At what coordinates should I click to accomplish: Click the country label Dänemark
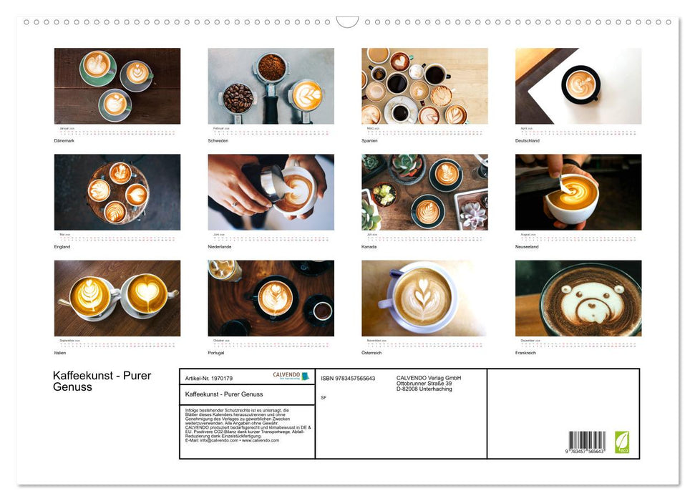64,140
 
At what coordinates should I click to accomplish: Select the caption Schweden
218,140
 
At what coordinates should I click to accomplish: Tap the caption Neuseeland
528,246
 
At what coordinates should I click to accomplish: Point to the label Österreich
373,353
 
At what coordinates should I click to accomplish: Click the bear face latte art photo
578,298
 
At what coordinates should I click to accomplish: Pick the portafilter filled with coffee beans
238,98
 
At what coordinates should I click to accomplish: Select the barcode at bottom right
587,441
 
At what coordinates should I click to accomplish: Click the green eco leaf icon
622,442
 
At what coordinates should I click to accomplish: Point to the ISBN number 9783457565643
348,378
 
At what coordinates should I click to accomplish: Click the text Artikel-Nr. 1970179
209,378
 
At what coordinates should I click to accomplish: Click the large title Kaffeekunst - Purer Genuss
102,381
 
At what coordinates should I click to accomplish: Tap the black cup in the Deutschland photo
580,84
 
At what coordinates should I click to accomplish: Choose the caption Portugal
216,353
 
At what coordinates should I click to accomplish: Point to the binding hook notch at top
347,22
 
